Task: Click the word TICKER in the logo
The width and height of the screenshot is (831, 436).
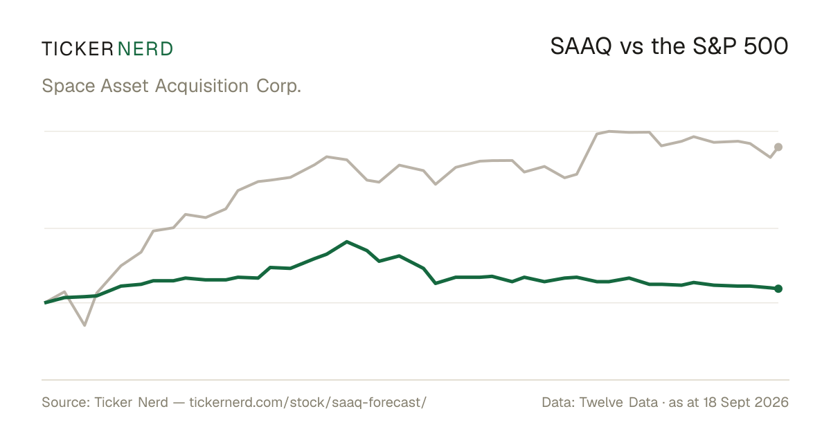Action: pos(78,49)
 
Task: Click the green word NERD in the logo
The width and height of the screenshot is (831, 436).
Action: pos(145,49)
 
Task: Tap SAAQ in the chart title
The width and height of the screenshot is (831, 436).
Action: pos(580,47)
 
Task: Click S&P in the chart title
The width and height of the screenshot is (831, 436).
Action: pos(714,47)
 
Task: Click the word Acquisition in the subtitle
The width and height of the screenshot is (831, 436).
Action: pos(202,87)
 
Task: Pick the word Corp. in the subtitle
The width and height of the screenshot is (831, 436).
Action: pos(278,87)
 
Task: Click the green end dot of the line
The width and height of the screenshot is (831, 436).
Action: pos(778,289)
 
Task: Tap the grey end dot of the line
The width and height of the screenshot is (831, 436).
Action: pos(778,147)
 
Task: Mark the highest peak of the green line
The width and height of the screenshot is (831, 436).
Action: pos(346,242)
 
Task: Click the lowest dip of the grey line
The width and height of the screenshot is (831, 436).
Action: pos(84,325)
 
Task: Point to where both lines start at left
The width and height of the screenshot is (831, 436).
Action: pos(45,302)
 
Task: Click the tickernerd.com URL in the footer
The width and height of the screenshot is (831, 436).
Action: pos(308,403)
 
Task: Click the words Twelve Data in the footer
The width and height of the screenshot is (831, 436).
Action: pos(618,403)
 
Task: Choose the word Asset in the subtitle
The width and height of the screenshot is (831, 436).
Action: pos(125,87)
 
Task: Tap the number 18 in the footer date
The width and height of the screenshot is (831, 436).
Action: pos(711,403)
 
